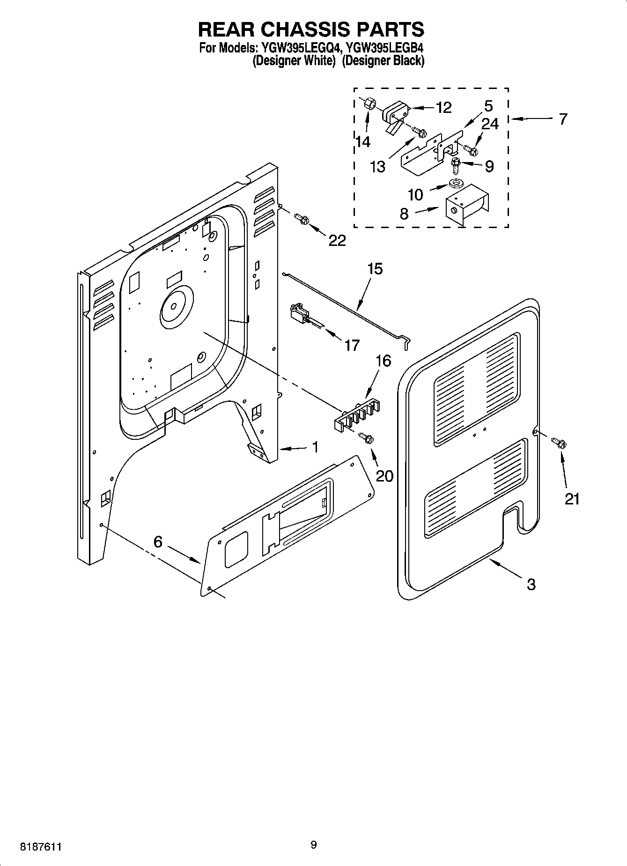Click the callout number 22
337,240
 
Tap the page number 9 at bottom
313,844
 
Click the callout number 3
531,584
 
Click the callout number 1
315,447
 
